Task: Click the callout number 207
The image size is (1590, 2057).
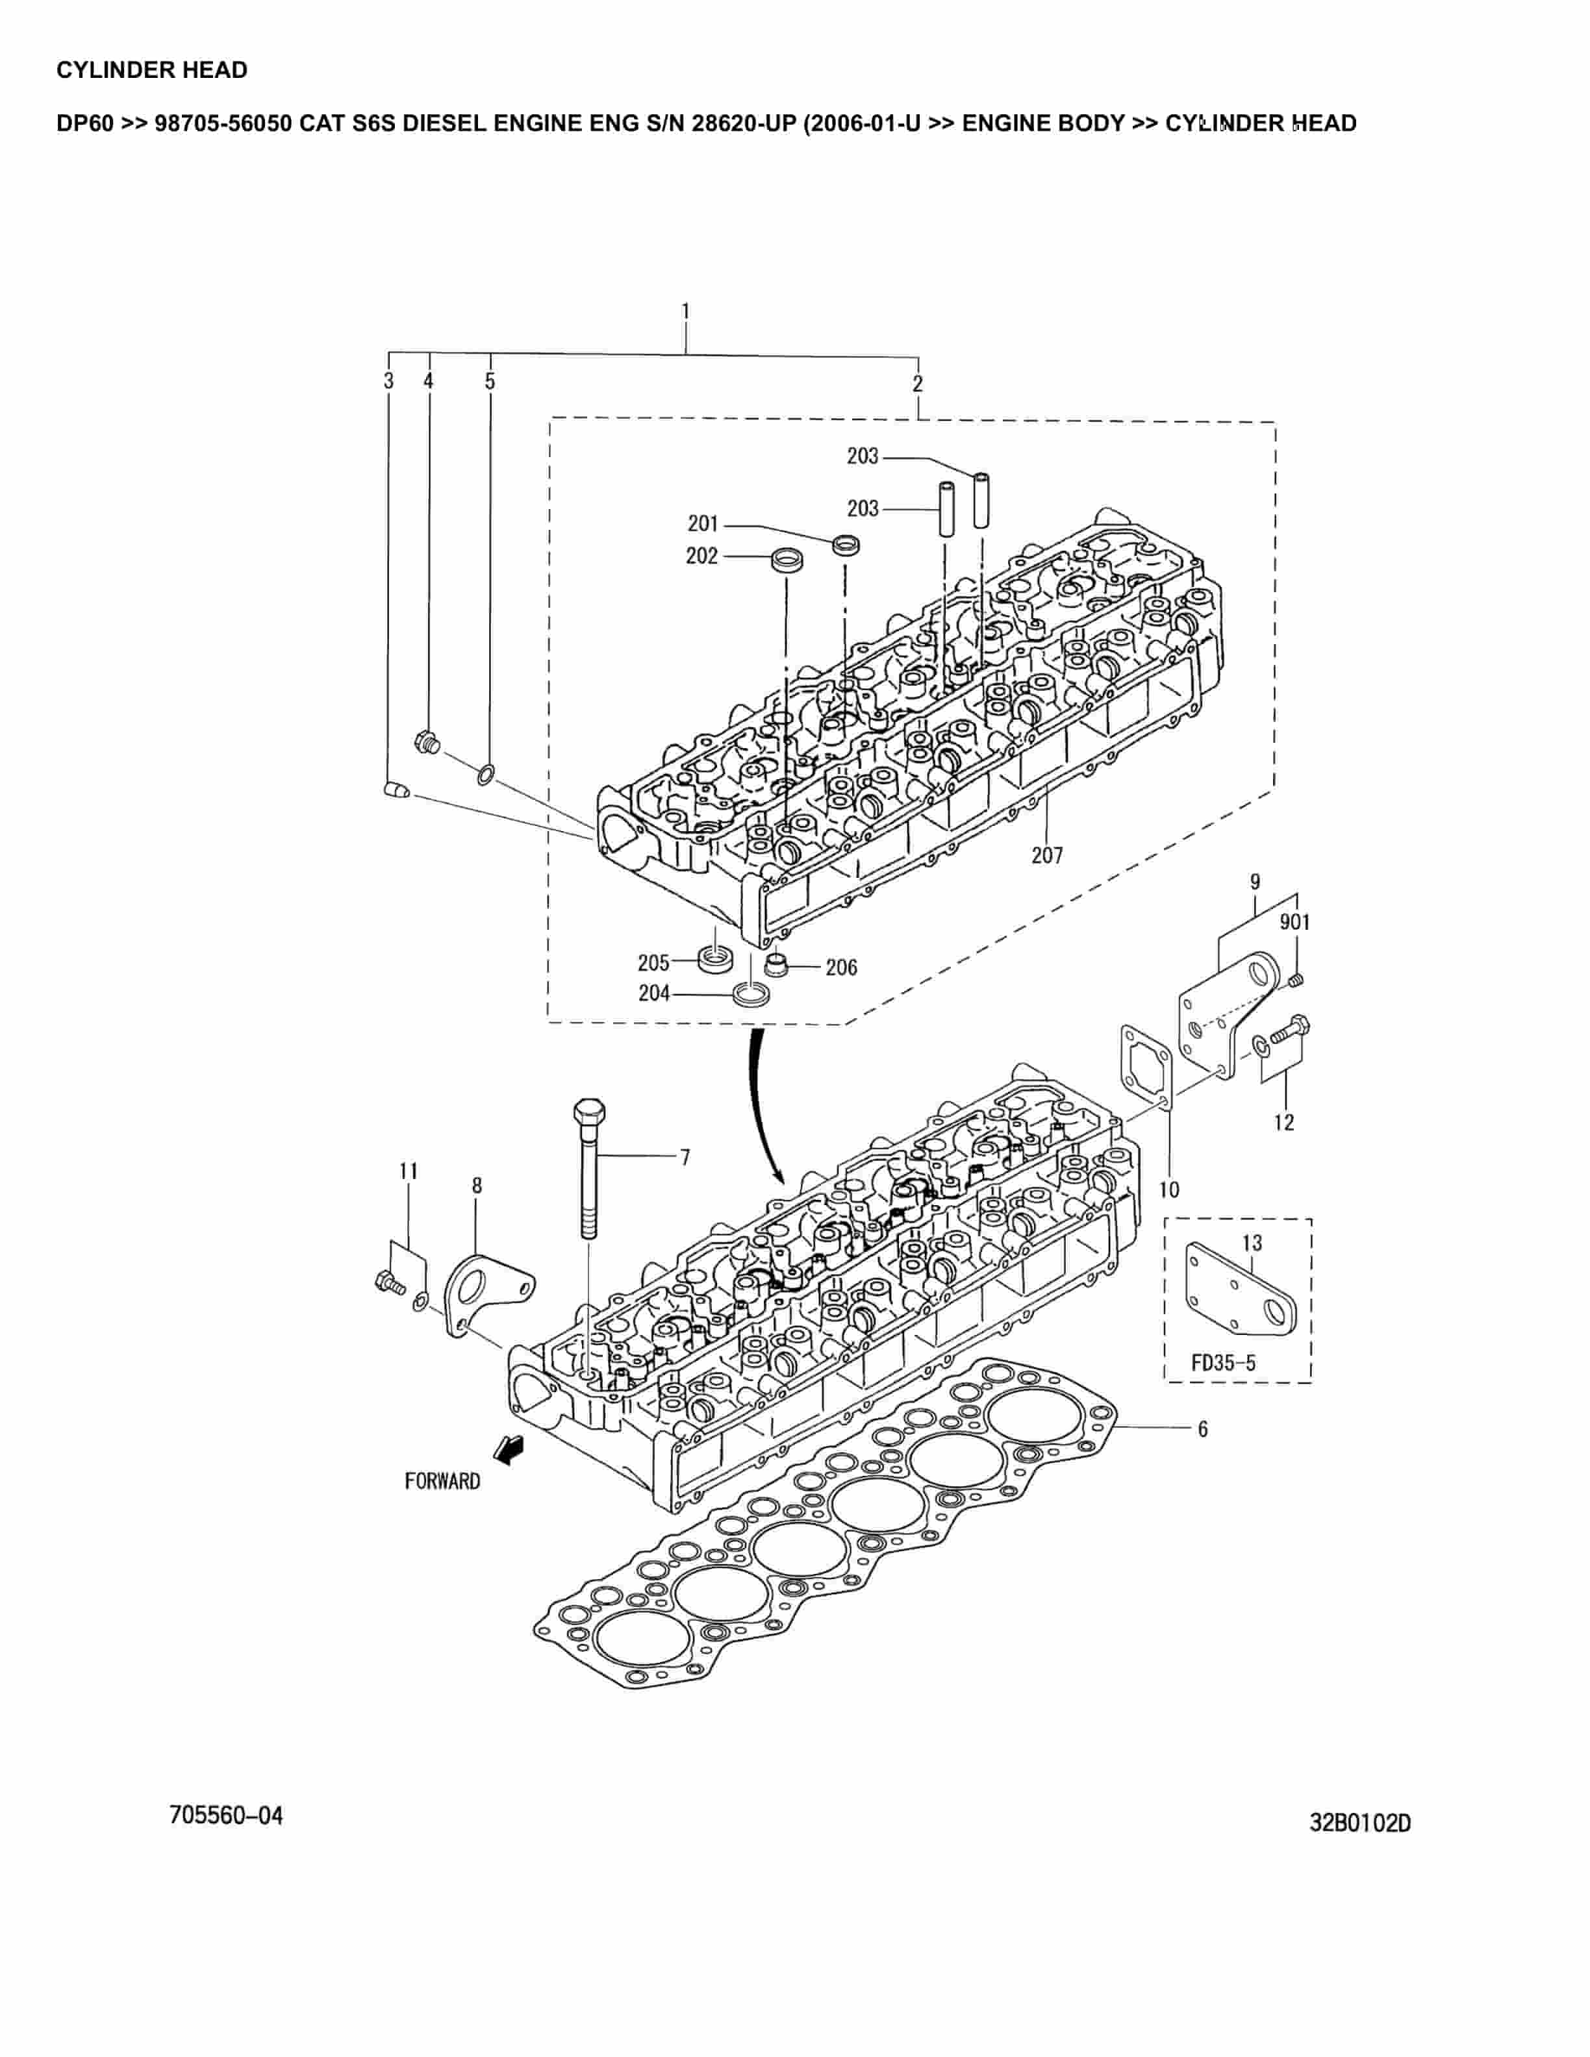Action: coord(1046,855)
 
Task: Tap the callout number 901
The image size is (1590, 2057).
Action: coord(1294,922)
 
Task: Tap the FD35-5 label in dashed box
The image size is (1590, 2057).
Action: coord(1222,1363)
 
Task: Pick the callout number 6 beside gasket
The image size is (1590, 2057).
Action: coord(1203,1428)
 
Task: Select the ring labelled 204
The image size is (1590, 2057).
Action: coord(751,995)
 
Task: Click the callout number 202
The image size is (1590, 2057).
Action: coord(701,556)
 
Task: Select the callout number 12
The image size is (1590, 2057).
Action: coord(1284,1122)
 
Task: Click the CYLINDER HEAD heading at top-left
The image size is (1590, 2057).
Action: coord(151,69)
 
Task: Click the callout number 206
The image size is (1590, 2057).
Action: coord(841,967)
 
